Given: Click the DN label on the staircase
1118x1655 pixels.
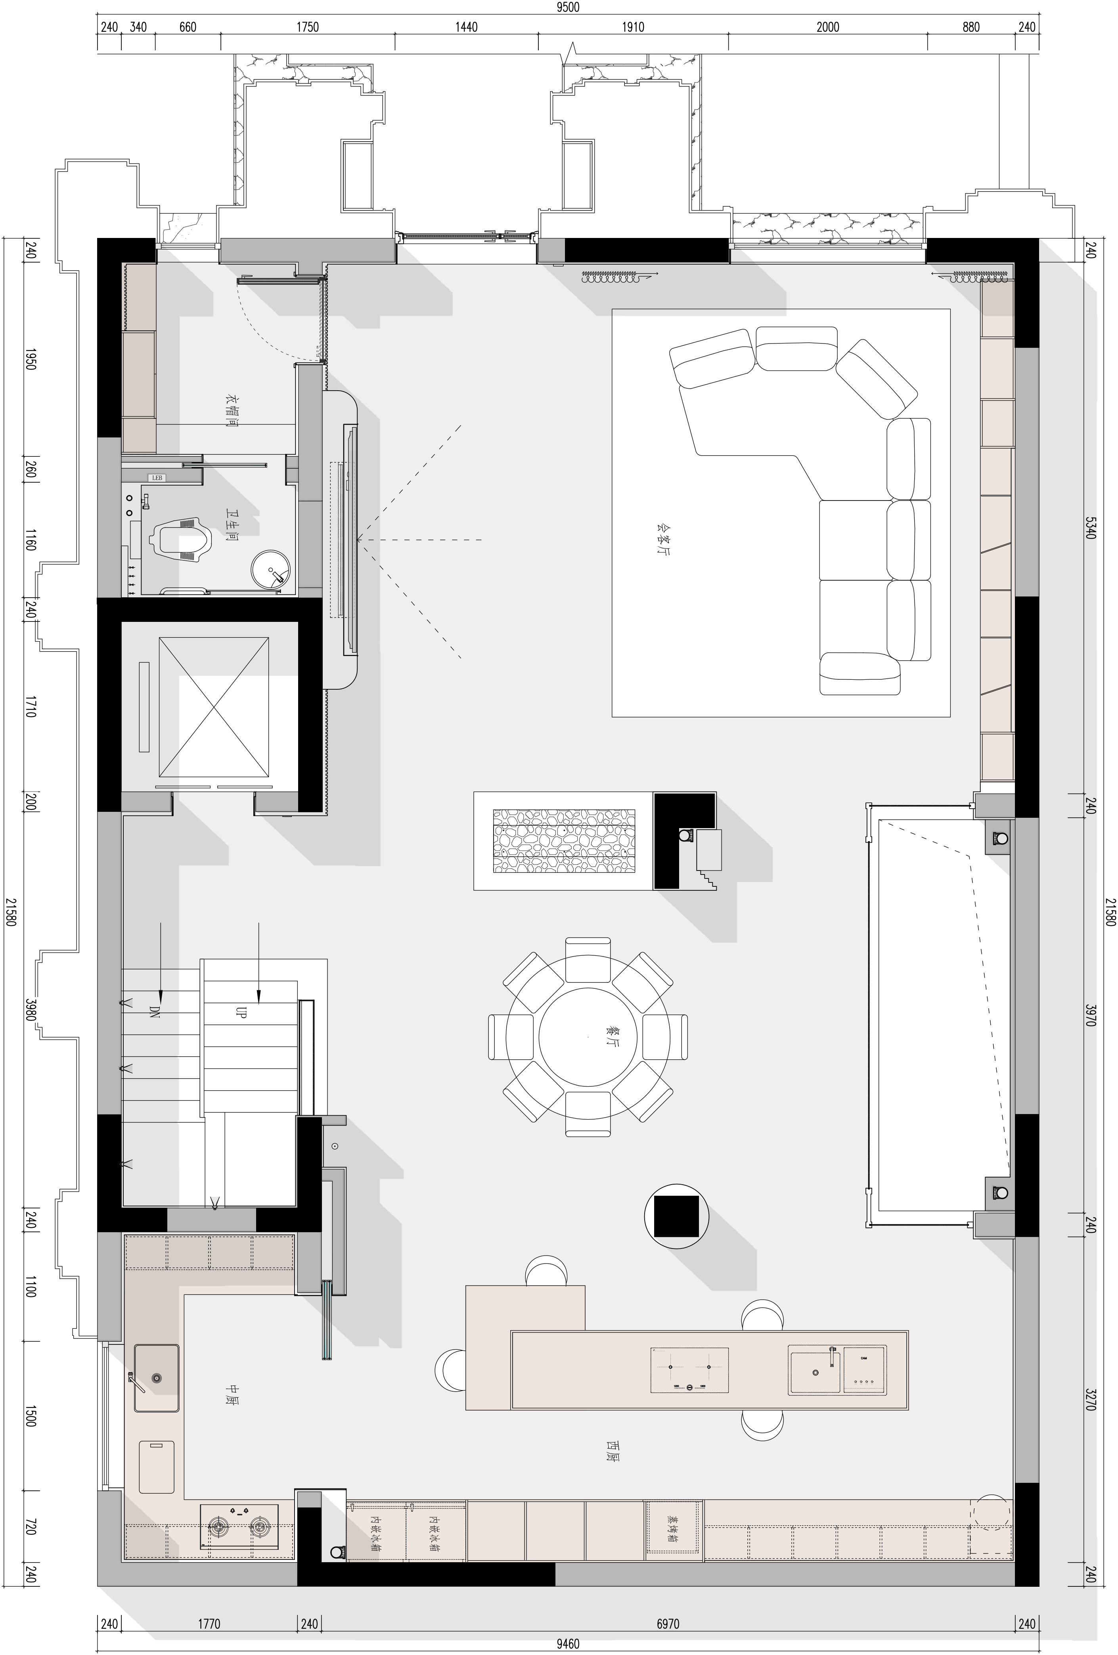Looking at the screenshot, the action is coord(155,1012).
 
